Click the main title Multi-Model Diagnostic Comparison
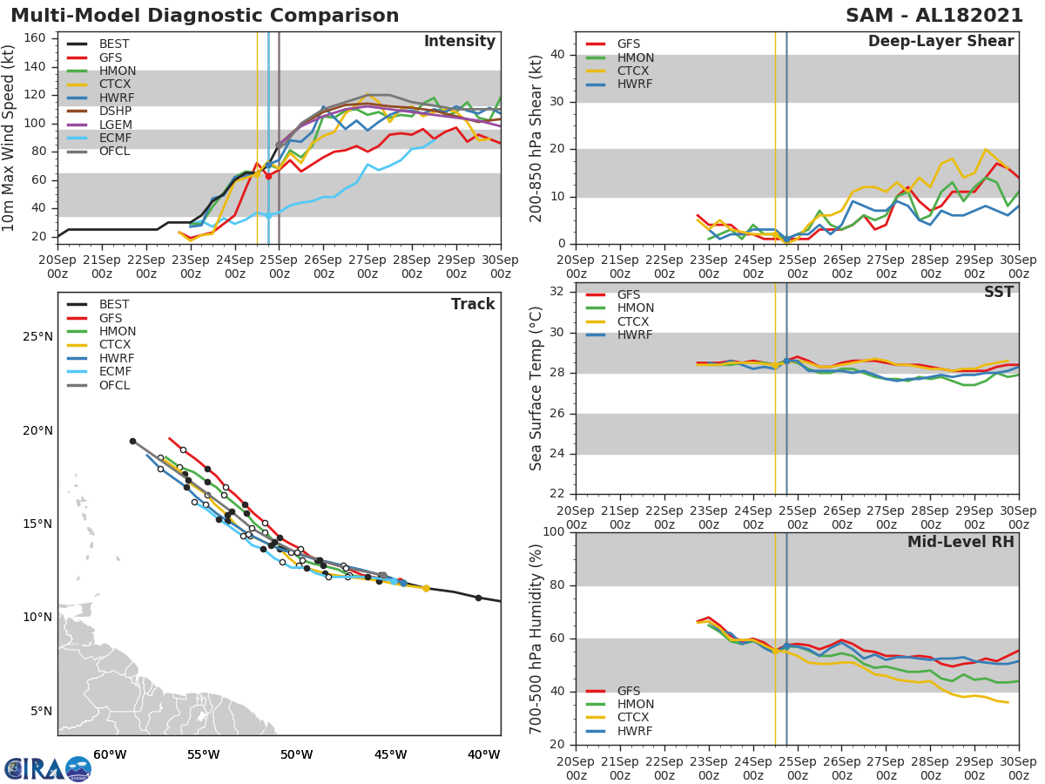click(x=205, y=16)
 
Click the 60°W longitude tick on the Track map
click(x=110, y=754)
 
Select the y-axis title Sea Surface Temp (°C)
click(x=536, y=388)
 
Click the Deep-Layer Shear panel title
click(x=940, y=42)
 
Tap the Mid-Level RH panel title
click(x=960, y=542)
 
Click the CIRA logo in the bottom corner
click(x=47, y=768)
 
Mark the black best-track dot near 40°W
click(x=478, y=598)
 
